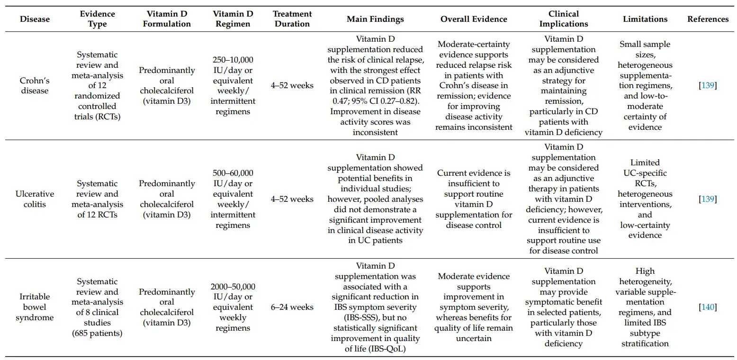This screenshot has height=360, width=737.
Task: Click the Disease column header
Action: tap(35, 19)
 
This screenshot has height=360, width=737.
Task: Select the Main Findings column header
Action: tap(375, 19)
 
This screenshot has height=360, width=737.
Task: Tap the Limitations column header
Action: tap(645, 19)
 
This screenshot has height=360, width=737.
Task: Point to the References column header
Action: tap(708, 19)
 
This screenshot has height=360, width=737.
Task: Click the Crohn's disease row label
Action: tap(35, 85)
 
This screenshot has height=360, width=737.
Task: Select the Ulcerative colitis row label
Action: tap(35, 199)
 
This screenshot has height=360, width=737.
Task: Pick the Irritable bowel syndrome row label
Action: tap(35, 306)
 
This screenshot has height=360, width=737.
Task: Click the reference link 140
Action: tap(708, 307)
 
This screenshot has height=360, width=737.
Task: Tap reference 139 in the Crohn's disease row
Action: tap(708, 85)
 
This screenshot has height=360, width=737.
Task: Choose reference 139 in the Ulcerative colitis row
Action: tap(708, 199)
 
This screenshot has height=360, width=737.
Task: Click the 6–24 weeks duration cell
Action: tap(292, 307)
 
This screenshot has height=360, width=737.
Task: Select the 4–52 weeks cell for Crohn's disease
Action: tap(292, 85)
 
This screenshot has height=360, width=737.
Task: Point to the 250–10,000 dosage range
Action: tap(233, 60)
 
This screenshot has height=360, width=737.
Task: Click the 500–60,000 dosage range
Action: tap(233, 173)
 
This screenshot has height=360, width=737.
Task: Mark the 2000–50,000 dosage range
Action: tap(233, 287)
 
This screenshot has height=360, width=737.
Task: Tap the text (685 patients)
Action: tap(97, 333)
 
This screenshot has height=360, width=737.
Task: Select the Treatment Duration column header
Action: tap(292, 19)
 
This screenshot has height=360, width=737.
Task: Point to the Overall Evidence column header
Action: tap(474, 19)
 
